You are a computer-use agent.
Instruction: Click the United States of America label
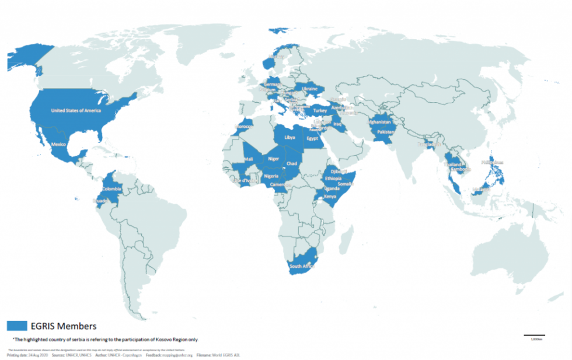tap(76, 110)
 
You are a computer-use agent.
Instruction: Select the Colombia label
tap(111, 189)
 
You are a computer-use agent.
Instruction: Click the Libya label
tap(290, 137)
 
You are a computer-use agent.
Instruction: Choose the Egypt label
tap(312, 139)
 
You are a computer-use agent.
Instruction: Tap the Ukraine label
tap(309, 89)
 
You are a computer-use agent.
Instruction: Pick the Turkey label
tap(320, 110)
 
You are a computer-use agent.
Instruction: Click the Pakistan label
tap(386, 132)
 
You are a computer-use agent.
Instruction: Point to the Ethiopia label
tap(334, 178)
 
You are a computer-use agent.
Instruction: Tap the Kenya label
tap(330, 197)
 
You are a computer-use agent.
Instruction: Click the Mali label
tap(249, 159)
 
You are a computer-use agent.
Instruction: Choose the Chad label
tap(292, 164)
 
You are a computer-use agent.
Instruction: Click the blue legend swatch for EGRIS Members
tap(17, 326)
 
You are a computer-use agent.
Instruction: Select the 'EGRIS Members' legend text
tap(64, 326)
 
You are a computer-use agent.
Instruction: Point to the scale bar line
tap(534, 335)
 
